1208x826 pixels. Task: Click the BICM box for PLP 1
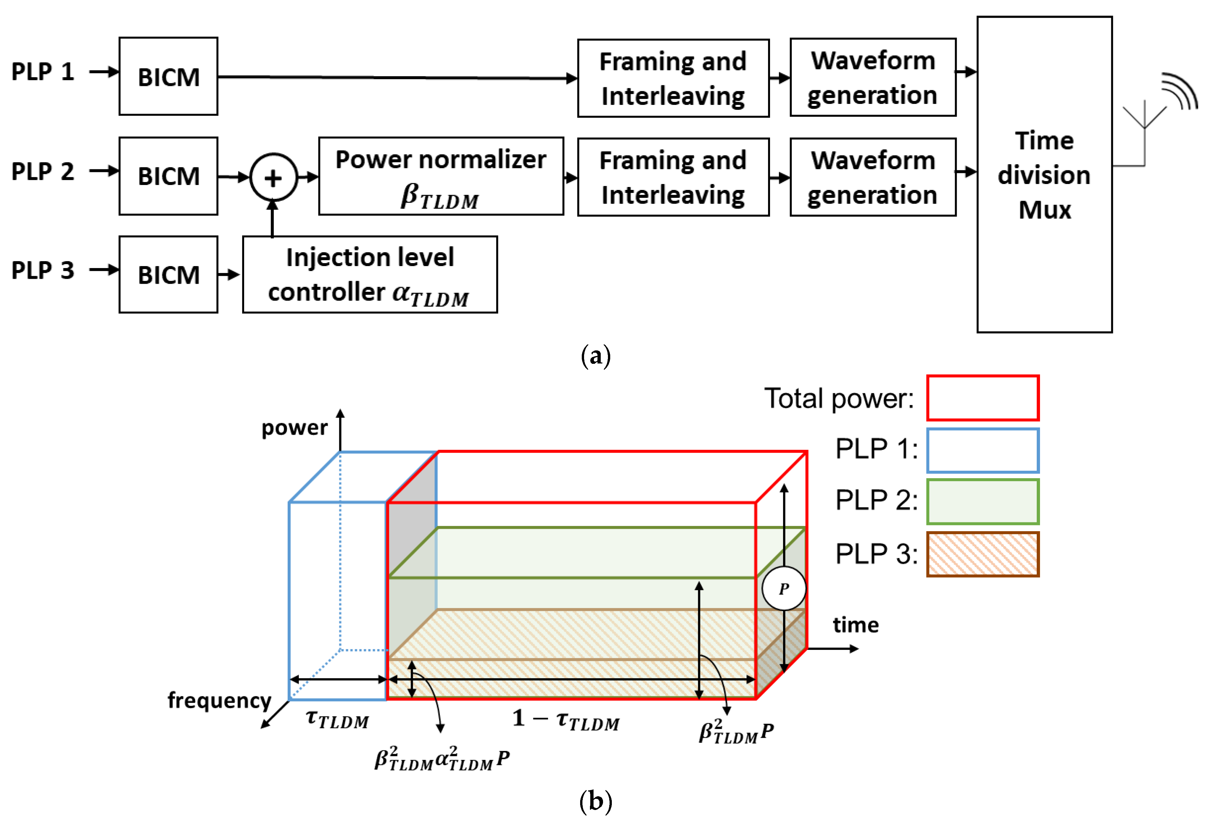point(168,76)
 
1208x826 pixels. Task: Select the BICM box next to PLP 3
point(168,275)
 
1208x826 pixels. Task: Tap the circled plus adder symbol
point(274,177)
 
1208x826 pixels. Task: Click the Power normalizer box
point(441,176)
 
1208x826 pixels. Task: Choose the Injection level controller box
point(370,275)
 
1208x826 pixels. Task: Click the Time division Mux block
point(1044,175)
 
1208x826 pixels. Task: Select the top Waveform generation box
point(873,77)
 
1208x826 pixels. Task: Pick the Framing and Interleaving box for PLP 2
point(673,177)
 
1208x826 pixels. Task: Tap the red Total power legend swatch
point(982,398)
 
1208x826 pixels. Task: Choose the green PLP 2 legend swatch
point(982,502)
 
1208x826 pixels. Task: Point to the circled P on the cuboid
point(784,588)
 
